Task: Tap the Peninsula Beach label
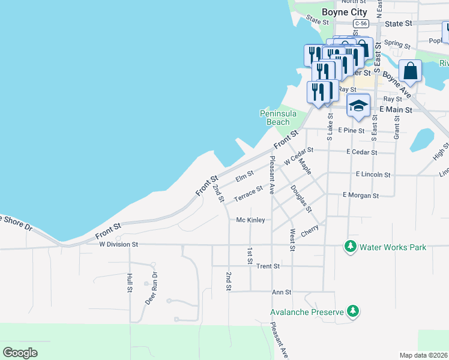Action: [275, 118]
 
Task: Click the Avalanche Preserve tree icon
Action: [354, 311]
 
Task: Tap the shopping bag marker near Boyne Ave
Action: [411, 71]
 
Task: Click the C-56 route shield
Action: [360, 23]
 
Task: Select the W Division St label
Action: [119, 245]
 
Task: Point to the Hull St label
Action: [129, 283]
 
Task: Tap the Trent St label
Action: [268, 266]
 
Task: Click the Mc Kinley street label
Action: [250, 220]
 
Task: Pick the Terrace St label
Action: [249, 194]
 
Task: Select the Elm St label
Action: [245, 175]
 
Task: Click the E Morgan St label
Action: [361, 195]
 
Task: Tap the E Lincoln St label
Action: [373, 175]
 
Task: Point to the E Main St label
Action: [396, 110]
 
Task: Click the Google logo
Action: [20, 353]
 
